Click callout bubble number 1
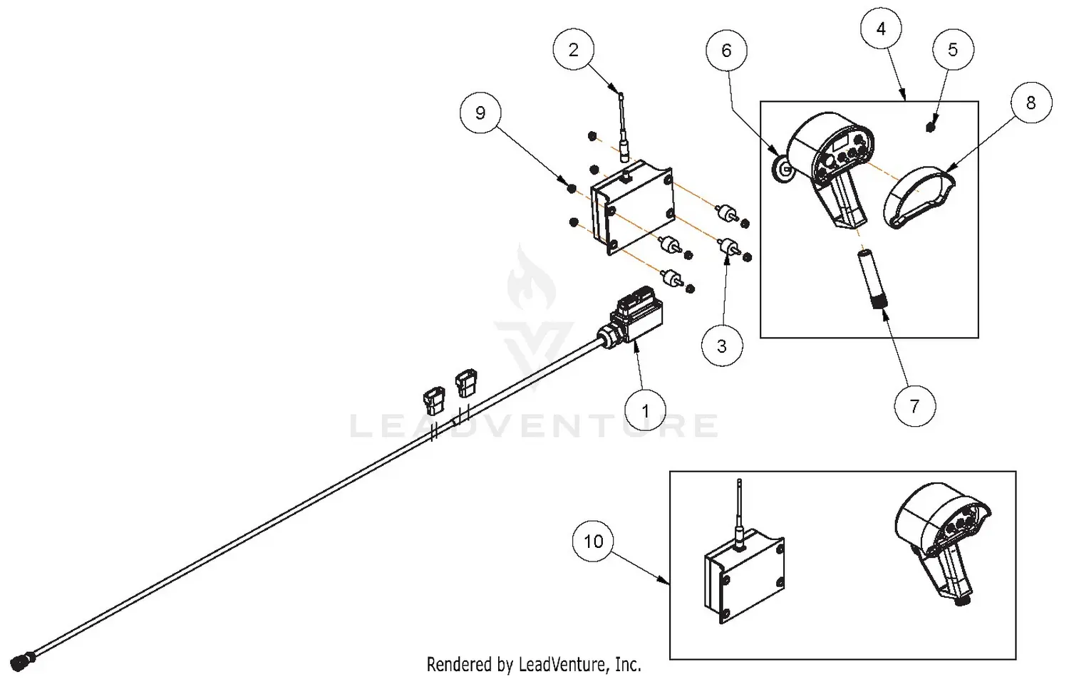[646, 411]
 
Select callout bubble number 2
[574, 50]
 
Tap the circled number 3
[721, 346]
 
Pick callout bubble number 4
[882, 29]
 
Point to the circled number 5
[953, 50]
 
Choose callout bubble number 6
[726, 50]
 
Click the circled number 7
[914, 406]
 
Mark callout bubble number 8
[1031, 103]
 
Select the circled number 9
[480, 113]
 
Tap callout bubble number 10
[593, 541]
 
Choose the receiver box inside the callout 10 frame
[745, 574]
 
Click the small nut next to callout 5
[930, 127]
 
